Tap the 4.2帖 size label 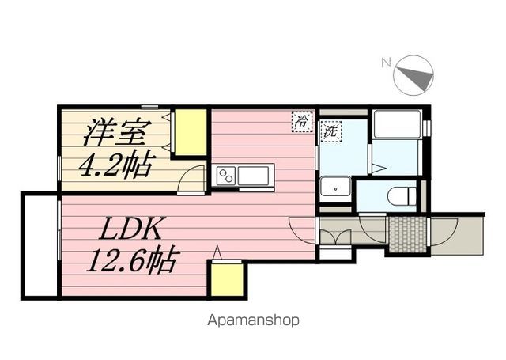[118, 165]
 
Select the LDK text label [130, 229]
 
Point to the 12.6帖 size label [132, 260]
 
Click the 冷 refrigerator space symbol [302, 121]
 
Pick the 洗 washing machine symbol [330, 131]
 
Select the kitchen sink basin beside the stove [254, 176]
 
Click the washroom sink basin [335, 188]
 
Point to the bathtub [397, 125]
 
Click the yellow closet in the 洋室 [191, 132]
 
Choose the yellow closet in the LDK [227, 279]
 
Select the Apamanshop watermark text [253, 320]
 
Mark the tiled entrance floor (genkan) [408, 234]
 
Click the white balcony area [40, 244]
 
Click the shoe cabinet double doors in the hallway [335, 238]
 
